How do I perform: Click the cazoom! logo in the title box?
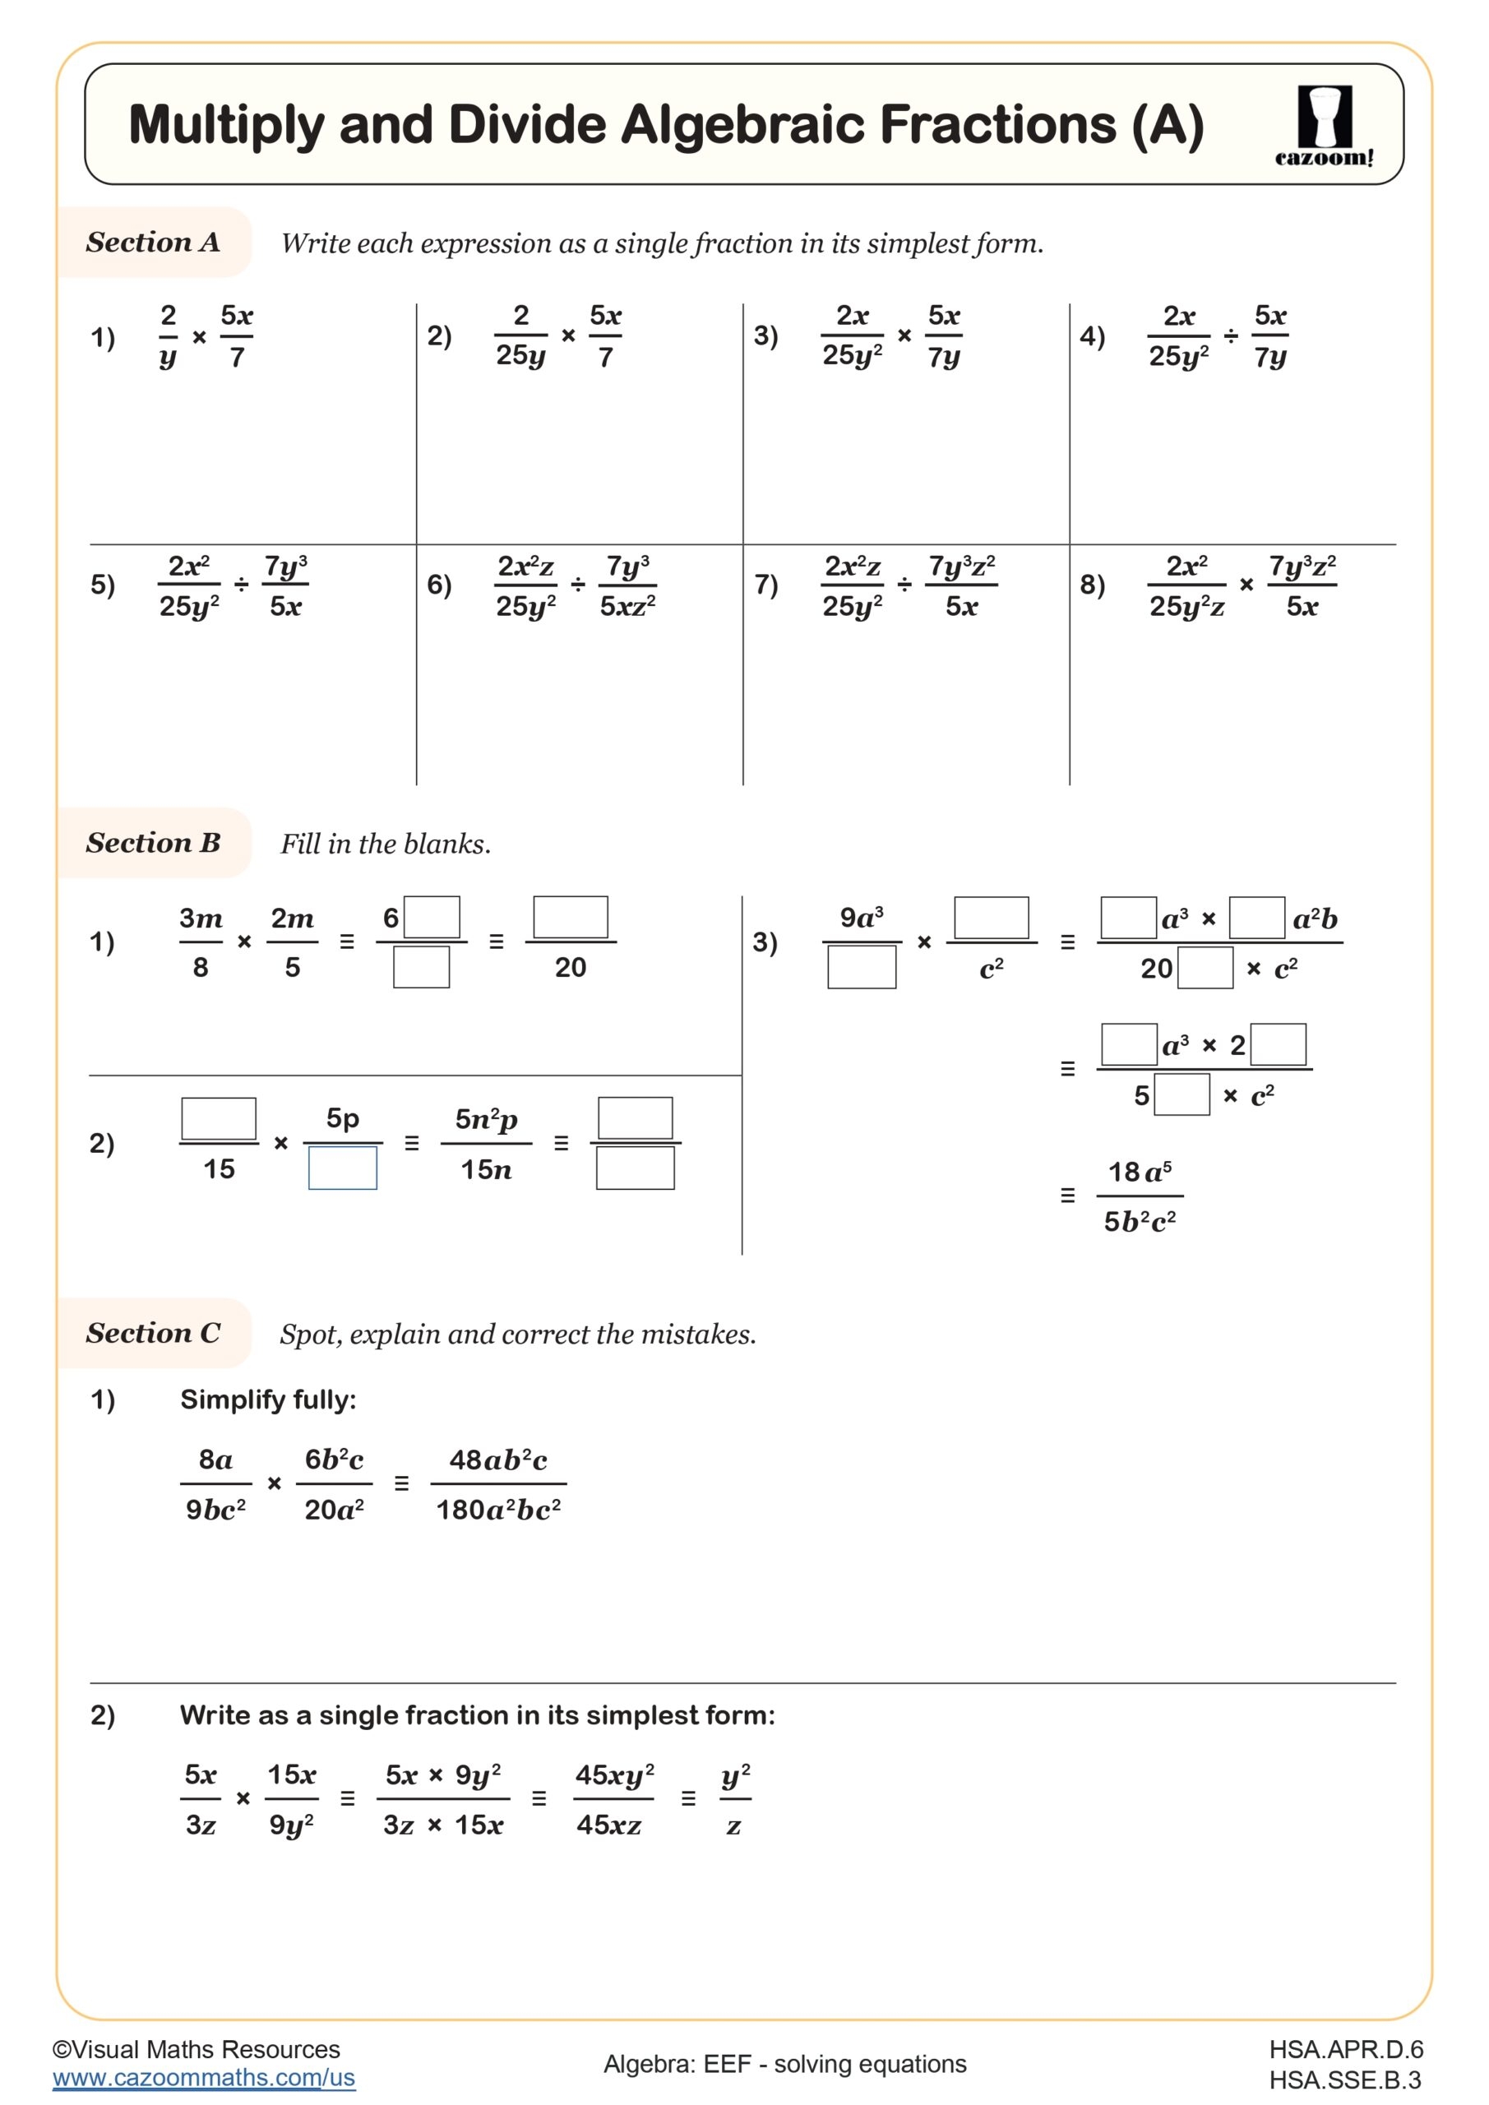(1324, 126)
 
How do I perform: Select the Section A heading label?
(153, 242)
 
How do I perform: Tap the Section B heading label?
(153, 843)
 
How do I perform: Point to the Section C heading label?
(153, 1332)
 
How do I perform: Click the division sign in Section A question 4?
(1231, 336)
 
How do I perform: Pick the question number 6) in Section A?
(439, 584)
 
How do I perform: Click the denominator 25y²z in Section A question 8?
(1186, 606)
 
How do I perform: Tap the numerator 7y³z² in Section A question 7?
(962, 566)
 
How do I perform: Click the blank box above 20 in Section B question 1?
(571, 917)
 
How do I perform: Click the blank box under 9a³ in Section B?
(861, 967)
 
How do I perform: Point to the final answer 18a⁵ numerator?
(1140, 1172)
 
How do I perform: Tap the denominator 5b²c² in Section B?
(1140, 1222)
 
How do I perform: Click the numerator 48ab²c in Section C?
(498, 1460)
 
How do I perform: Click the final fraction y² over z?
(735, 1799)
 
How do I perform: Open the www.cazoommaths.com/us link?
(204, 2078)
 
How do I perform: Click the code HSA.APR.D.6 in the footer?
(1346, 2049)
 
